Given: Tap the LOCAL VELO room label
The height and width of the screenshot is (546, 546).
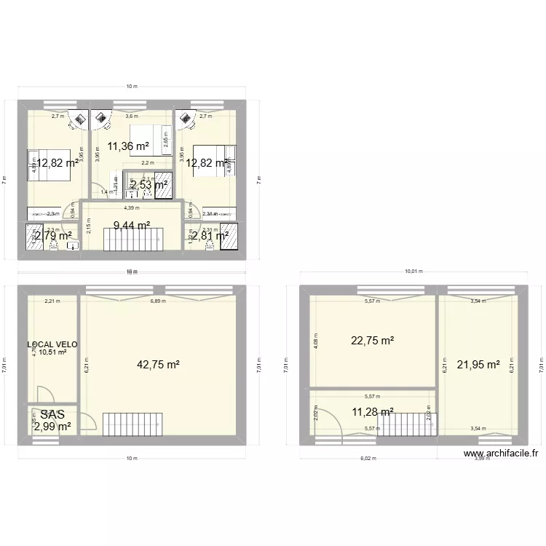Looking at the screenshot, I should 52,344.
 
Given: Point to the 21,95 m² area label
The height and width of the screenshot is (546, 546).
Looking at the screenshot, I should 478,365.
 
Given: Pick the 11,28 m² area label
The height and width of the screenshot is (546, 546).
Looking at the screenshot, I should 372,412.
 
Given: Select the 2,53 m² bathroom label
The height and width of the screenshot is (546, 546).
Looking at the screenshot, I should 149,185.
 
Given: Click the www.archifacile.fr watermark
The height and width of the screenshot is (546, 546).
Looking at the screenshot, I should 501,453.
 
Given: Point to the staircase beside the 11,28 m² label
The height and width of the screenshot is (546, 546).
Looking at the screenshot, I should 403,424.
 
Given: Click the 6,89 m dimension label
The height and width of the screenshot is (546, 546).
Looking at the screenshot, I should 157,300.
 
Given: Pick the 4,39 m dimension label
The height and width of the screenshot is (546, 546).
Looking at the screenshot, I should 131,207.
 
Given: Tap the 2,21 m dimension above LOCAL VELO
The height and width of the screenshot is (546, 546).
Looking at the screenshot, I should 52,300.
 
